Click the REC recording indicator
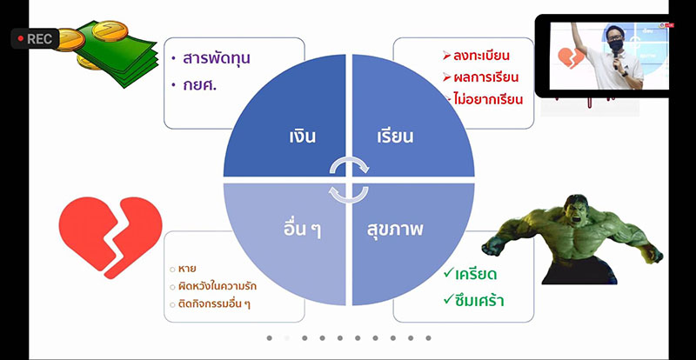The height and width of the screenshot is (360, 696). point(35,38)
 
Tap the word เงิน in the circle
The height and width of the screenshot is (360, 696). point(302,136)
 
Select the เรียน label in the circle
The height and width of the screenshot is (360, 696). point(395,136)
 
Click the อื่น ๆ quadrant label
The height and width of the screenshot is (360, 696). point(302,230)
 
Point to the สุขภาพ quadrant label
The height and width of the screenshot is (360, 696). point(395,230)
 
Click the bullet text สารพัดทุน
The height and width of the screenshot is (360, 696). point(217,59)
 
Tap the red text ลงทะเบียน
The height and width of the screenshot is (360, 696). point(481,56)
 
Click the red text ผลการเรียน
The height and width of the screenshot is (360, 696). point(485,77)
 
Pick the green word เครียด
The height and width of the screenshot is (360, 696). point(476,275)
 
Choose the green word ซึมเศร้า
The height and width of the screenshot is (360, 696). point(479,302)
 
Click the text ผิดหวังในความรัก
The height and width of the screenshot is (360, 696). point(217,286)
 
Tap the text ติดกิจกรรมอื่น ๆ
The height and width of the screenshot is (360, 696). point(214,304)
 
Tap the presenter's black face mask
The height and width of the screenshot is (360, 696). point(615,45)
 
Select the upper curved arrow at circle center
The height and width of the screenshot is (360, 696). point(350,164)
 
